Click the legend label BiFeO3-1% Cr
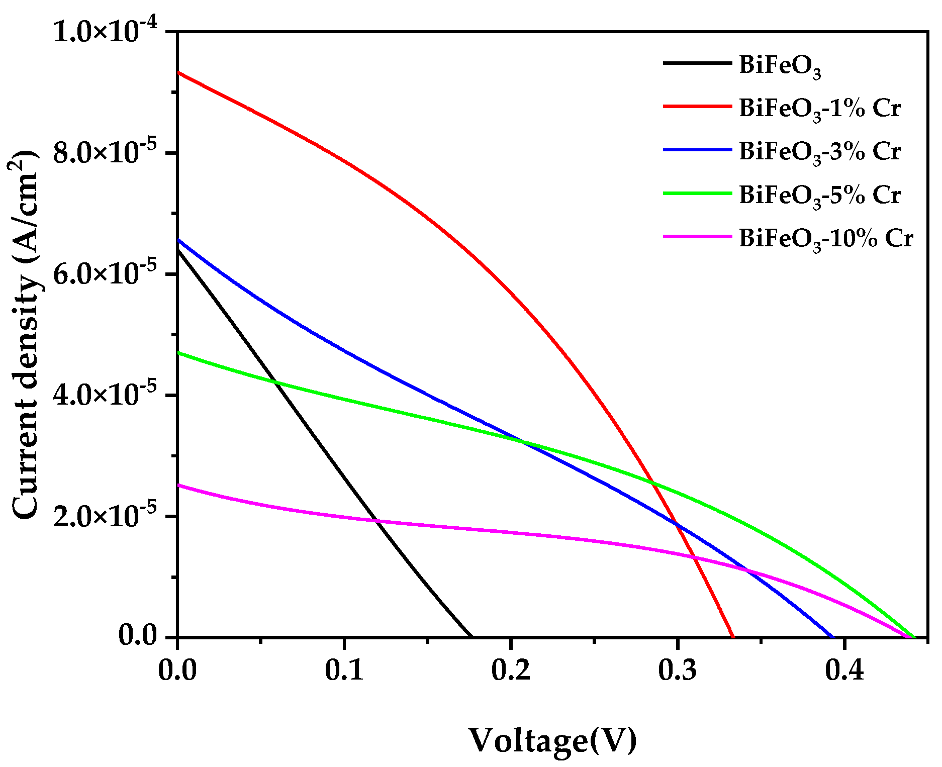tap(819, 109)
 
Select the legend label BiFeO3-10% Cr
tap(825, 238)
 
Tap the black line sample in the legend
tap(698, 63)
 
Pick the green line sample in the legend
tap(698, 193)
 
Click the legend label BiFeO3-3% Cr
tap(819, 152)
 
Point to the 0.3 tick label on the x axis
tap(677, 671)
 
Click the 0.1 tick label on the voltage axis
tap(344, 671)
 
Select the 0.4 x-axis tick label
tap(844, 671)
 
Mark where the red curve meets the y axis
tap(178, 73)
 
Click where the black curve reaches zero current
tap(470, 636)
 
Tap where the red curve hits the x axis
tap(733, 636)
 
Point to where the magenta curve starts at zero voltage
tap(178, 485)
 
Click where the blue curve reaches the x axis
tap(832, 636)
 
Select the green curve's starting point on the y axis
tap(178, 352)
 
